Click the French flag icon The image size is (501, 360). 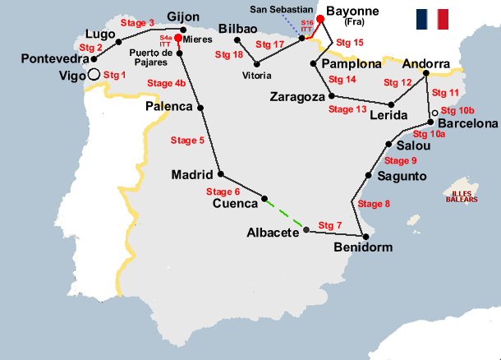432,18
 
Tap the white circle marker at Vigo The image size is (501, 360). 94,75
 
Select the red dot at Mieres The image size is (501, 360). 178,37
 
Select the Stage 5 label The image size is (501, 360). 187,141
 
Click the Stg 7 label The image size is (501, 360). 329,225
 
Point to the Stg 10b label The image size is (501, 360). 457,109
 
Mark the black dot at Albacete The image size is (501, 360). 306,231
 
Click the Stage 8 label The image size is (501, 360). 375,204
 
